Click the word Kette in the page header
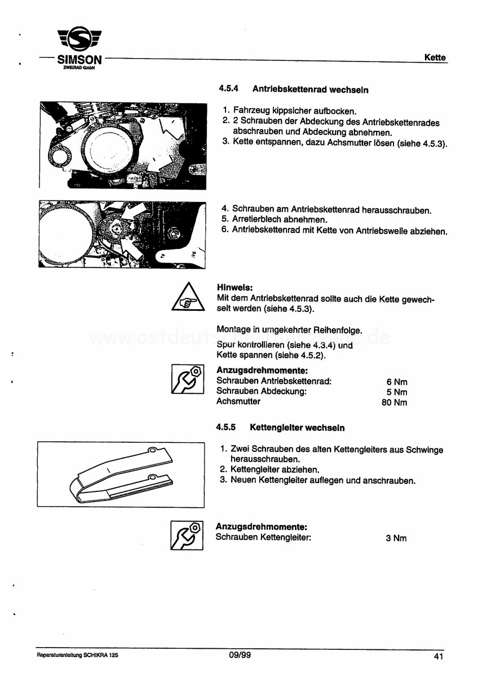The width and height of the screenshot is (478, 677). [x=435, y=58]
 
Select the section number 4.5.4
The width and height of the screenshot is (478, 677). [x=228, y=89]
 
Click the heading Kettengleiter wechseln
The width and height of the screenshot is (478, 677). [x=297, y=428]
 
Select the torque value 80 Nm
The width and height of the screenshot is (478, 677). [x=394, y=403]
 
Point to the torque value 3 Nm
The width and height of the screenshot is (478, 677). [x=396, y=538]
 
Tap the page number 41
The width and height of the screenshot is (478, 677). [x=439, y=656]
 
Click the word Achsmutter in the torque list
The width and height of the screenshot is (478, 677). [x=238, y=402]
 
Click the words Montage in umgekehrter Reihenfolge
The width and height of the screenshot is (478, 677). [x=289, y=330]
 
